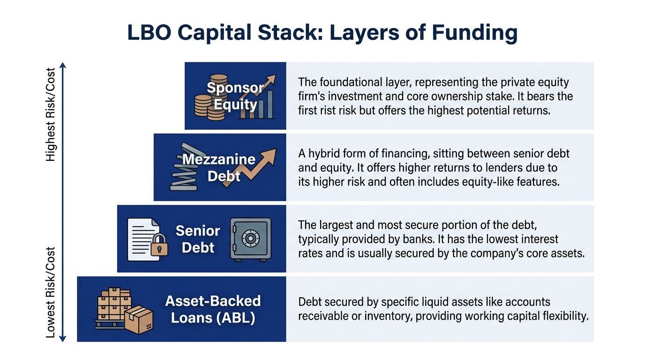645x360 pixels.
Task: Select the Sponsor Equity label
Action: click(x=235, y=96)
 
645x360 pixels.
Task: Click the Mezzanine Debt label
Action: click(x=219, y=167)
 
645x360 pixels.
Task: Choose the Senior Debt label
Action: click(x=198, y=239)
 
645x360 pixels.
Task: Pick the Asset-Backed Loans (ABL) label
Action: click(x=213, y=309)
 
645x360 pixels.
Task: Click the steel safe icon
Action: click(x=250, y=240)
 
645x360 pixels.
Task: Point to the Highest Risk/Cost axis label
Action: click(x=51, y=114)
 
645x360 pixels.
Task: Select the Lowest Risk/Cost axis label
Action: click(x=51, y=292)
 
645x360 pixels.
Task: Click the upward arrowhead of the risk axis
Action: click(x=63, y=65)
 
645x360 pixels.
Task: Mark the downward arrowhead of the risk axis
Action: click(x=63, y=339)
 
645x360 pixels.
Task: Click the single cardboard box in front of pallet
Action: click(x=139, y=320)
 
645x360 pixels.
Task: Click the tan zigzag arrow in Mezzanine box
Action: click(x=250, y=168)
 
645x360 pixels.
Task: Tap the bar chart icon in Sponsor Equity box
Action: click(x=257, y=104)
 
